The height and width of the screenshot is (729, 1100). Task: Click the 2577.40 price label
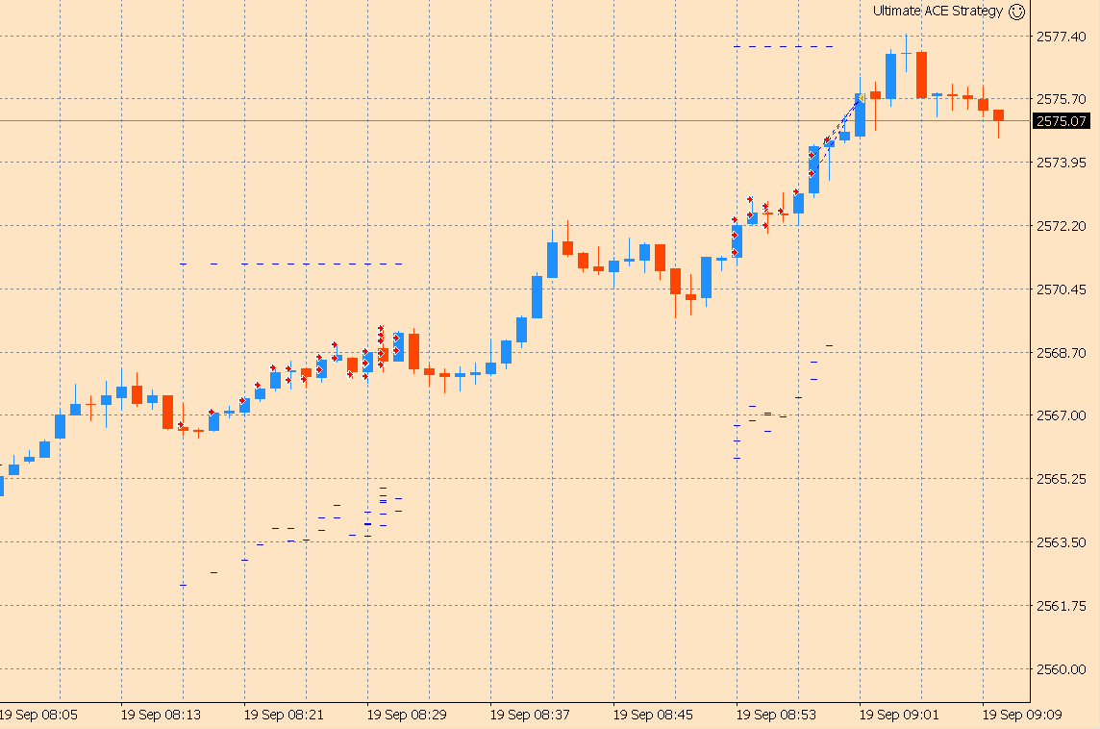(x=1062, y=37)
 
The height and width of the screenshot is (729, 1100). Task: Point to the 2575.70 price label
(x=1062, y=99)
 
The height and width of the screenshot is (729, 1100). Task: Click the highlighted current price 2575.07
(x=1062, y=121)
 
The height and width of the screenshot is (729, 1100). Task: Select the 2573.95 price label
(x=1062, y=163)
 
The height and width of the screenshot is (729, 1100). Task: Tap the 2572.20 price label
(x=1062, y=226)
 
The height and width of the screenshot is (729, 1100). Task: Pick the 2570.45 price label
(x=1062, y=289)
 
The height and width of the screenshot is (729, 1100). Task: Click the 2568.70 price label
(x=1062, y=353)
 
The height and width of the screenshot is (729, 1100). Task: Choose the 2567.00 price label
(x=1062, y=415)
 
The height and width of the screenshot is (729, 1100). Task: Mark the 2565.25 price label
(x=1062, y=479)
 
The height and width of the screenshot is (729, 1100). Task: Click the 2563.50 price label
(x=1062, y=542)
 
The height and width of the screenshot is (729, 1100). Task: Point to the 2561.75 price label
(x=1062, y=606)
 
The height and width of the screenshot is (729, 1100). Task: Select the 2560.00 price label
(x=1062, y=669)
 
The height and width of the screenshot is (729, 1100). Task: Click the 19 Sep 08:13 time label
(x=162, y=716)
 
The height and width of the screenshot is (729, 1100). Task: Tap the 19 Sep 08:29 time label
(x=408, y=716)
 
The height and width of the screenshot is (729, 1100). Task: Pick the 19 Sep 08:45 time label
(x=654, y=716)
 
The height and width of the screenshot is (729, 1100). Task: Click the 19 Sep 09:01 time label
(x=900, y=716)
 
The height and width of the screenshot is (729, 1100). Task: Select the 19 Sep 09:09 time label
(x=1023, y=716)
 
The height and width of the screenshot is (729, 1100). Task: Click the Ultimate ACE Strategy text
(x=937, y=12)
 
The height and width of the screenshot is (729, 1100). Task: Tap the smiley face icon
(x=1016, y=12)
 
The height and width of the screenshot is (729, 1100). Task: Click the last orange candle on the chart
(x=998, y=116)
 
